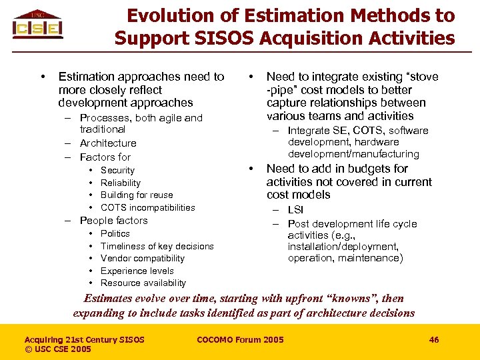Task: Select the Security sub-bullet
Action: [117, 171]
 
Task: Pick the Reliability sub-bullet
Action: [121, 183]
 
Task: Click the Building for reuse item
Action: [137, 195]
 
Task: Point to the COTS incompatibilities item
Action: [147, 207]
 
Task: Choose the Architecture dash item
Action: [107, 143]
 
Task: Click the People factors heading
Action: [113, 221]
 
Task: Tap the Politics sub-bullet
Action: [115, 233]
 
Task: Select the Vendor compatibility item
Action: [143, 258]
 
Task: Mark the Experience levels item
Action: [137, 271]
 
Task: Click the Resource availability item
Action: [143, 283]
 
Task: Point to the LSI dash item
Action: [295, 210]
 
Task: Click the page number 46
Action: [434, 340]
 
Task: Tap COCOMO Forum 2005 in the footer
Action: [240, 340]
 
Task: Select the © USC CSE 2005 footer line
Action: [58, 349]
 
